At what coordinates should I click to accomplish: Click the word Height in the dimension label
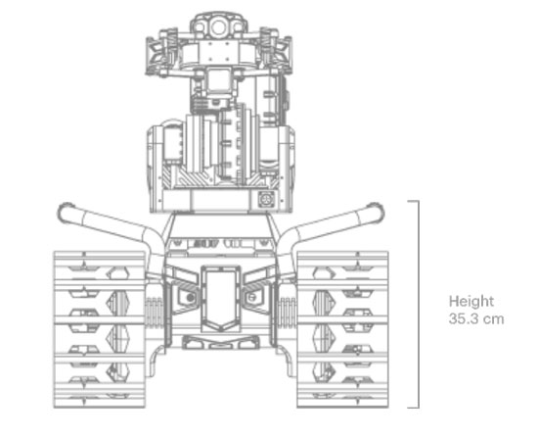tap(471, 302)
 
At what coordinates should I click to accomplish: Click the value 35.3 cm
tap(476, 319)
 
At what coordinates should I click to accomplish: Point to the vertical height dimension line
tap(419, 305)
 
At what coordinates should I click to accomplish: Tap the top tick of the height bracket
tap(413, 201)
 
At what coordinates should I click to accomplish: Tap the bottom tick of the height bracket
tap(413, 408)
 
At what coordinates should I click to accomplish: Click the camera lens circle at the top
tap(218, 27)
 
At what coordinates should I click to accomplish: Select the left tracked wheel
tap(100, 329)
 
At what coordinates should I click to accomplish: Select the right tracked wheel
tap(342, 329)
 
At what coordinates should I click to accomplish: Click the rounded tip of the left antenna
tap(66, 211)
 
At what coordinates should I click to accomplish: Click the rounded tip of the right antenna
tap(375, 211)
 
